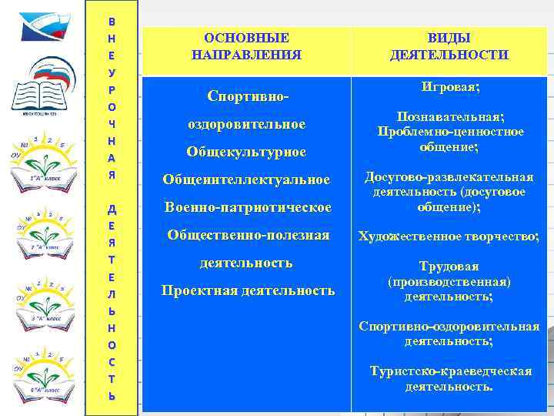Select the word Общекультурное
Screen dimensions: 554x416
tap(245, 152)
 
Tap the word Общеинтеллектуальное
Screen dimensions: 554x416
tap(245, 179)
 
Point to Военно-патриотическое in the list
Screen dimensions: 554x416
tap(248, 207)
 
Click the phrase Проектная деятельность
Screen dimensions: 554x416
tap(248, 290)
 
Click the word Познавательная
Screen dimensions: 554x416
tap(449, 116)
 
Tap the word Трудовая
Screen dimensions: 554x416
tap(449, 266)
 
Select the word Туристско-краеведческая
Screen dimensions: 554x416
tap(450, 371)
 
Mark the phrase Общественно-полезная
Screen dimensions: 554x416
tap(248, 235)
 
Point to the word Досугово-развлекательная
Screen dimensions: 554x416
tap(449, 177)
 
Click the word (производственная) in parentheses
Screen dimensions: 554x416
tap(449, 281)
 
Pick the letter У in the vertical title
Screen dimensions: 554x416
tap(112, 73)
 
